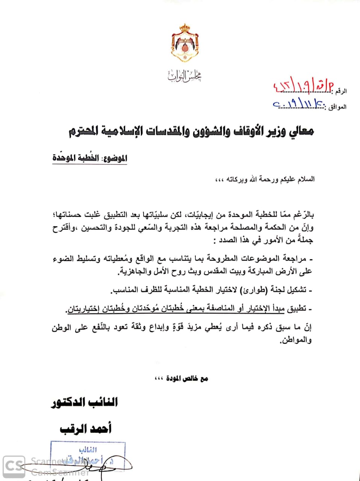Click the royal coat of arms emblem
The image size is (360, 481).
coord(184,43)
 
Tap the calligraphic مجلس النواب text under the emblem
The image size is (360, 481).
coord(184,76)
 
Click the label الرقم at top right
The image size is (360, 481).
coord(341,91)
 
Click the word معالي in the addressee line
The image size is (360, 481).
coord(302,131)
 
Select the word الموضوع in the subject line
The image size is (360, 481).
coord(115,158)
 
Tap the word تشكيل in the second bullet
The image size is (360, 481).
coord(297,290)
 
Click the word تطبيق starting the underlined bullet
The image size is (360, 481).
coord(297,309)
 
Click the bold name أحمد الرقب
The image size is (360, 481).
coord(86,428)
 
